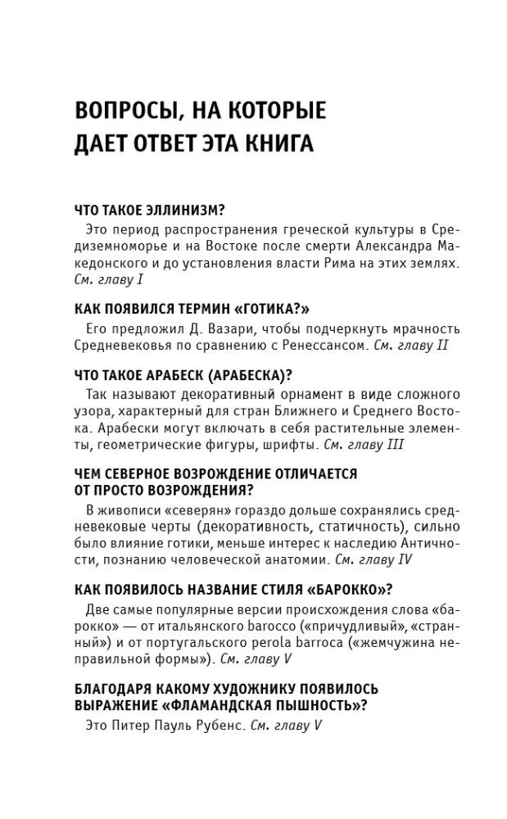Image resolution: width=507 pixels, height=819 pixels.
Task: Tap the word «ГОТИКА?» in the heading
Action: [x=273, y=309]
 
